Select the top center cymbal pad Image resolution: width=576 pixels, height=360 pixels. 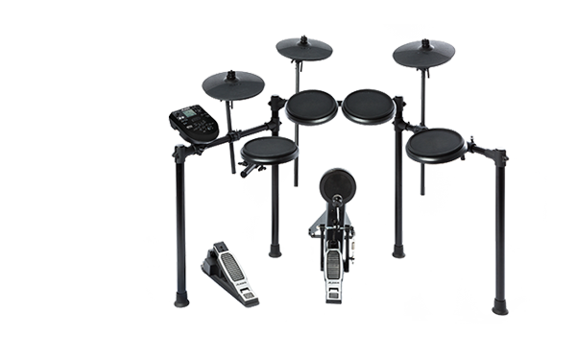pos(303,49)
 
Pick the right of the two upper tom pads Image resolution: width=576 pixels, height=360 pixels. pos(369,107)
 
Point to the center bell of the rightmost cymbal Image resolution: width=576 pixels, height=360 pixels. pos(424,45)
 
